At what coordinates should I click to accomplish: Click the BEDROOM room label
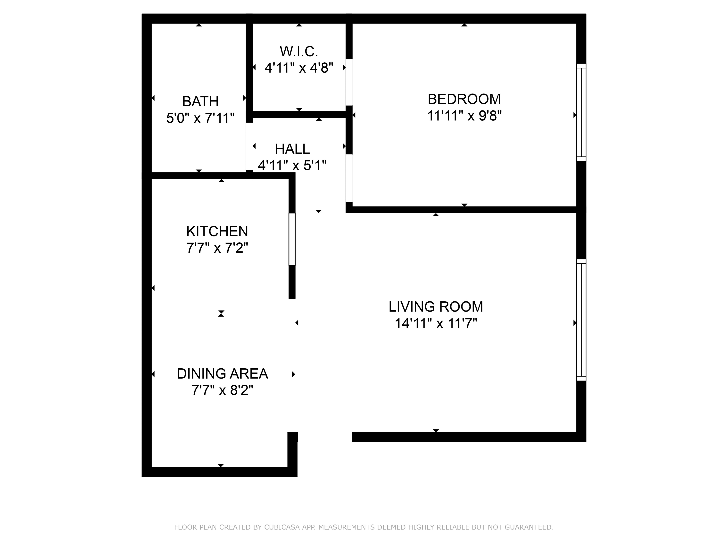click(x=464, y=99)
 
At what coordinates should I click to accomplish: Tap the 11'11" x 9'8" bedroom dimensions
click(x=464, y=116)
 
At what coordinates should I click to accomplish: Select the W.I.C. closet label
click(x=299, y=52)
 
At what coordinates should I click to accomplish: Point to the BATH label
click(x=200, y=101)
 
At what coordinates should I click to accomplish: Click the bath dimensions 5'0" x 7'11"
click(x=200, y=118)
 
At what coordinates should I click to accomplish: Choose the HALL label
click(x=292, y=149)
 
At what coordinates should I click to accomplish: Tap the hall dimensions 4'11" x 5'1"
click(x=292, y=165)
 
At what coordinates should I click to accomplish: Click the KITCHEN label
click(x=217, y=231)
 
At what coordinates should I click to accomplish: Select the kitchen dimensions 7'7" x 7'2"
click(x=217, y=248)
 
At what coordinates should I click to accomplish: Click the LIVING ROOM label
click(x=436, y=307)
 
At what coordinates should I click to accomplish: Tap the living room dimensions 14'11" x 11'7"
click(x=436, y=323)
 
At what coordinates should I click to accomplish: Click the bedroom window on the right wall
click(x=581, y=112)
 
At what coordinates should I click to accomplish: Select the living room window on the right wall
click(x=581, y=320)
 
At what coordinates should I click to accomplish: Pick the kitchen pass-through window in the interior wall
click(x=292, y=239)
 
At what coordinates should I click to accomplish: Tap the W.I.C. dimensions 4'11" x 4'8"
click(x=299, y=68)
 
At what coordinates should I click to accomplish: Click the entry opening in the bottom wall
click(x=325, y=437)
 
